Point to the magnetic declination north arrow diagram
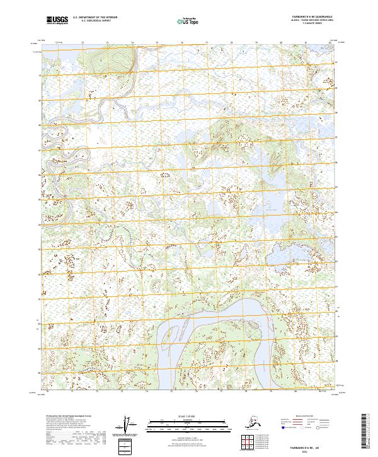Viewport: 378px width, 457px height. click(127, 427)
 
